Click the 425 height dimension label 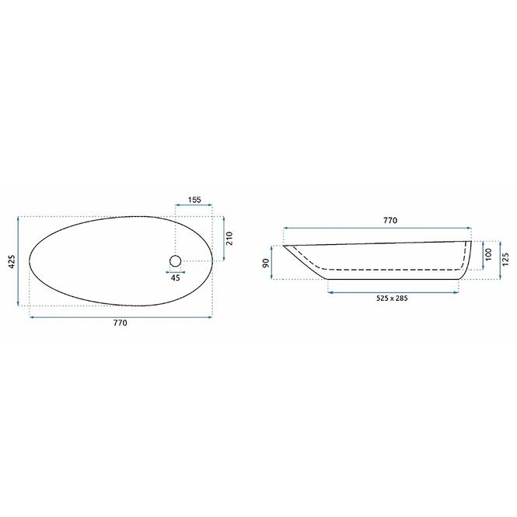[x=12, y=261]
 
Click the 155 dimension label [x=194, y=200]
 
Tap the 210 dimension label [x=229, y=239]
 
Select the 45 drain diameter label [x=176, y=278]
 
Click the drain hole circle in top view [x=176, y=261]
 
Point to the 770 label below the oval [x=120, y=323]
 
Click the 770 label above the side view [x=390, y=220]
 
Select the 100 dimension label [x=488, y=254]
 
